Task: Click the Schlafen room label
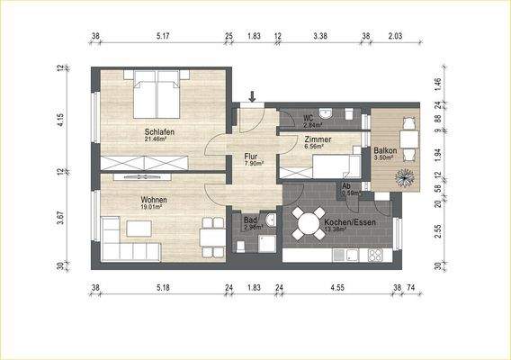point(159,132)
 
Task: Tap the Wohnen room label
point(154,199)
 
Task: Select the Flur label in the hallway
point(251,157)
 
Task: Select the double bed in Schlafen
point(158,95)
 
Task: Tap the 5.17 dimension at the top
point(163,38)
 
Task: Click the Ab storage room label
point(347,185)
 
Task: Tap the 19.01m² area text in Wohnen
point(154,207)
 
